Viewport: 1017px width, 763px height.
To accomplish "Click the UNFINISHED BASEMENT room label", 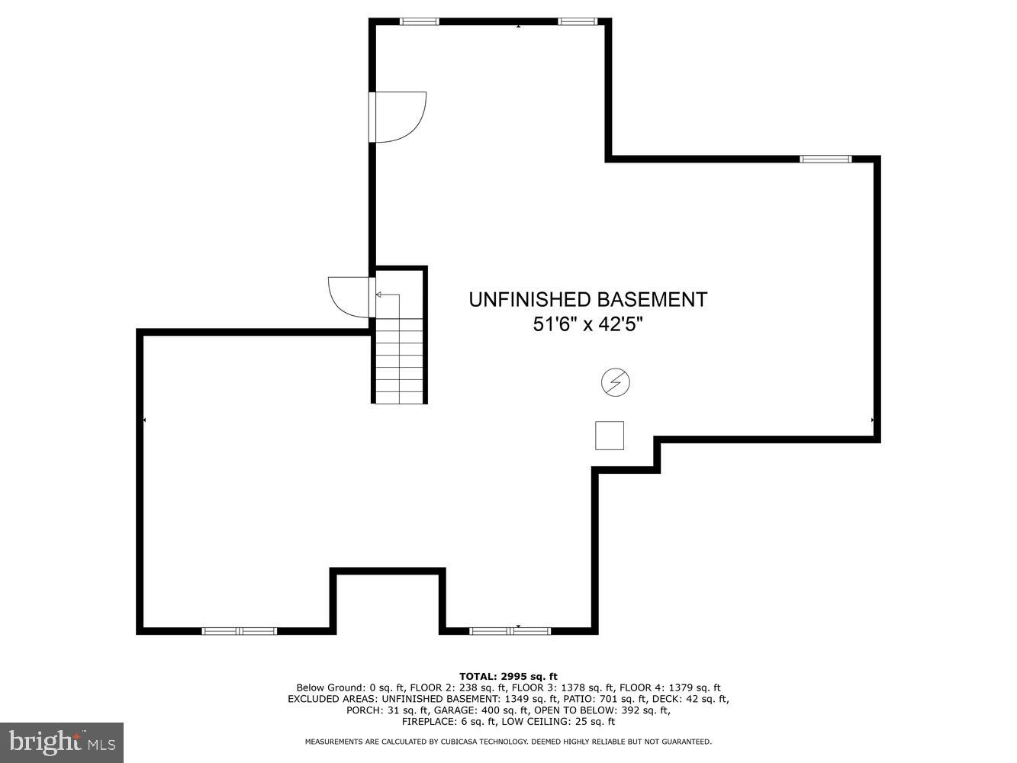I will point(587,299).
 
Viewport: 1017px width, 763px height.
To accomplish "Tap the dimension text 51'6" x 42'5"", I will point(587,324).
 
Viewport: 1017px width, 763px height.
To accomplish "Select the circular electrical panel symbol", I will point(616,382).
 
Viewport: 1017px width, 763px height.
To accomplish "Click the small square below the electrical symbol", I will point(609,436).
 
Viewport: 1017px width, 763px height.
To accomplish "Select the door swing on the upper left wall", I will point(398,117).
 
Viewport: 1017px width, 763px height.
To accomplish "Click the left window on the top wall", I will point(420,21).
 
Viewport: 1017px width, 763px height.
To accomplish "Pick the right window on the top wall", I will point(577,21).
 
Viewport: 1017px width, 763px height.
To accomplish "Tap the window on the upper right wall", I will point(825,159).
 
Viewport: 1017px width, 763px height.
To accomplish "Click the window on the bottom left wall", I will point(239,631).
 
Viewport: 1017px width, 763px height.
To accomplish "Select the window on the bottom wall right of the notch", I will point(510,631).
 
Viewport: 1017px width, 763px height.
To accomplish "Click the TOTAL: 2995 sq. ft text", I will point(508,676).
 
